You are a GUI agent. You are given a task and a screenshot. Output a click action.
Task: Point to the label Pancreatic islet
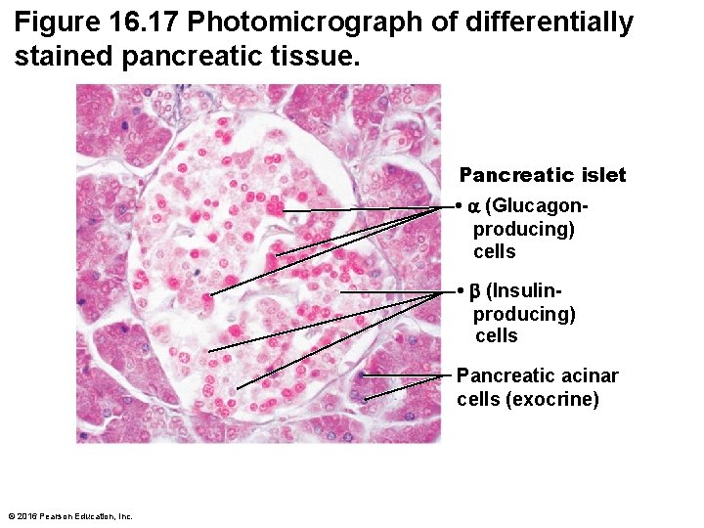[x=543, y=176]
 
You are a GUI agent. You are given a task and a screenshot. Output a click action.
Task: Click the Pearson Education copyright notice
[x=68, y=516]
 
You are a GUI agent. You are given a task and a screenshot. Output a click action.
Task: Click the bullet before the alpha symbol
[x=459, y=207]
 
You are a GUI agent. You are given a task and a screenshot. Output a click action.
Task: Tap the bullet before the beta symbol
[x=459, y=291]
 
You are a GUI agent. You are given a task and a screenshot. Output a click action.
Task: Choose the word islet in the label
[x=601, y=176]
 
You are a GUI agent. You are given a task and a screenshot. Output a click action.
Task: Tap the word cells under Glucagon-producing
[x=495, y=251]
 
